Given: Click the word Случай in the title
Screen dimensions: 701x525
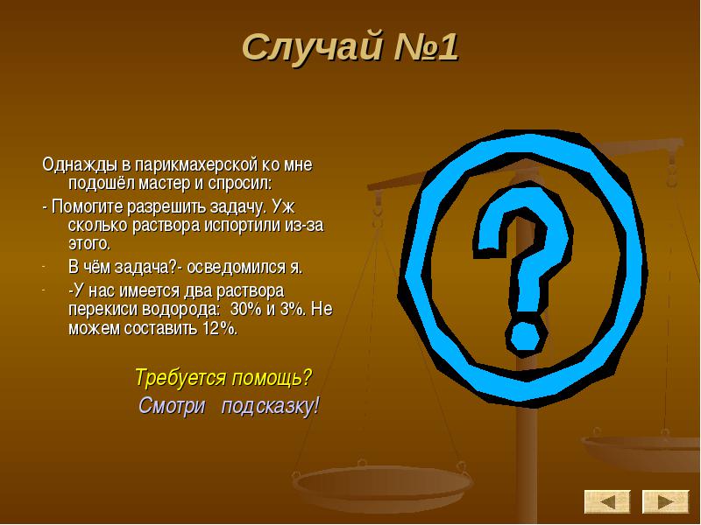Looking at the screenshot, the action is pos(312,48).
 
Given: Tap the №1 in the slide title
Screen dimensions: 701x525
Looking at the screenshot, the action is pos(426,46).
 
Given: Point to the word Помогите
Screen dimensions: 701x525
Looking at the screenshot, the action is pos(87,207).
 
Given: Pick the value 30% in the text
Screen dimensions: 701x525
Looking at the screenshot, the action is pos(246,309).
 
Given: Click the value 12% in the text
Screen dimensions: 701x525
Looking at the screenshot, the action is pos(219,329).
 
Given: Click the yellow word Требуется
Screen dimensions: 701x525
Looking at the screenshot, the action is pos(181,378).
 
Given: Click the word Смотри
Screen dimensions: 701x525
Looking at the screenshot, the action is pos(172,406).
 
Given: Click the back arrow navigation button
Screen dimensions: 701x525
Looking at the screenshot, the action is pos(607,501).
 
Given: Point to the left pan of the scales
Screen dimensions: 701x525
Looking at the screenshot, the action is pos(381,486).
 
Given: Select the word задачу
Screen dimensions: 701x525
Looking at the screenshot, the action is pos(233,208).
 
